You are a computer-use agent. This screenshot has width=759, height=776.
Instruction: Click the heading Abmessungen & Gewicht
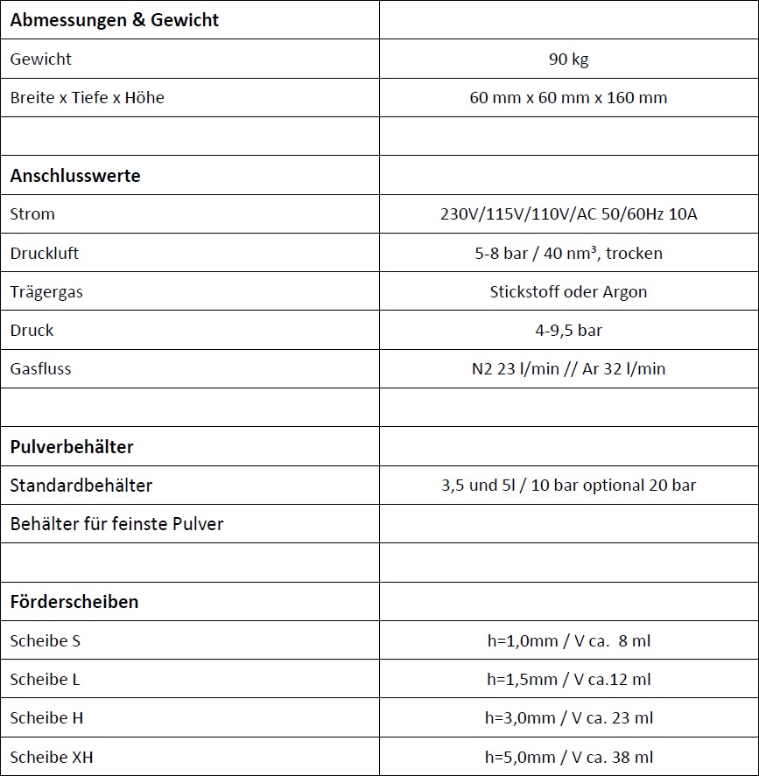[115, 20]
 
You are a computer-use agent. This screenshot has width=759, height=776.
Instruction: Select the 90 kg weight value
[568, 59]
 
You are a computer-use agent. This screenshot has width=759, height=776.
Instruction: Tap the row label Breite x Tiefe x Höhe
[88, 98]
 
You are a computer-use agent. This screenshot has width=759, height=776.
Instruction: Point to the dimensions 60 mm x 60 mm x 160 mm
[568, 98]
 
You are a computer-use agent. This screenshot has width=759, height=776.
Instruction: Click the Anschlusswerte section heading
[75, 175]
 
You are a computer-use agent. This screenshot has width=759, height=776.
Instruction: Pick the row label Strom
[32, 214]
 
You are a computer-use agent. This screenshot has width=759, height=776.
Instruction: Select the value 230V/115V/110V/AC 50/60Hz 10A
[568, 214]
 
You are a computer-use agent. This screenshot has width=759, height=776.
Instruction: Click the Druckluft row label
[45, 253]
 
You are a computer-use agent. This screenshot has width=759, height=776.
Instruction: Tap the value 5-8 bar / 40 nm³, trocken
[568, 253]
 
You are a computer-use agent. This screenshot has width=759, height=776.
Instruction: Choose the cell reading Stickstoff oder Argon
[568, 292]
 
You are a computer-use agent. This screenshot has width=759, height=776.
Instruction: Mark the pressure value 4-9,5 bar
[568, 331]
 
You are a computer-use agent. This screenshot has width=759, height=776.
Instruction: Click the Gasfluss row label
[41, 369]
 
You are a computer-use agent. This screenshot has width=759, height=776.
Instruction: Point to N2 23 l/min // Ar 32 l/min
[568, 369]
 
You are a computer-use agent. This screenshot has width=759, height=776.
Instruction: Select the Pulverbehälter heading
[72, 447]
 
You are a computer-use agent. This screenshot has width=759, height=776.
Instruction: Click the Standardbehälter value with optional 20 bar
[568, 486]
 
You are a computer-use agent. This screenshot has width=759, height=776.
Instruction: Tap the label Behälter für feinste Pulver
[117, 524]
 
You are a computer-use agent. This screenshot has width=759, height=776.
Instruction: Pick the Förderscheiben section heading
[74, 602]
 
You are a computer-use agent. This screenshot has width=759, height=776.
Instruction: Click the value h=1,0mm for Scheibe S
[568, 641]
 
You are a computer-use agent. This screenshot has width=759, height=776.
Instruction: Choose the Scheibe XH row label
[52, 757]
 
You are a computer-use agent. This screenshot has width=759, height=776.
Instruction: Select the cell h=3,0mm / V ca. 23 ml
[568, 718]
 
